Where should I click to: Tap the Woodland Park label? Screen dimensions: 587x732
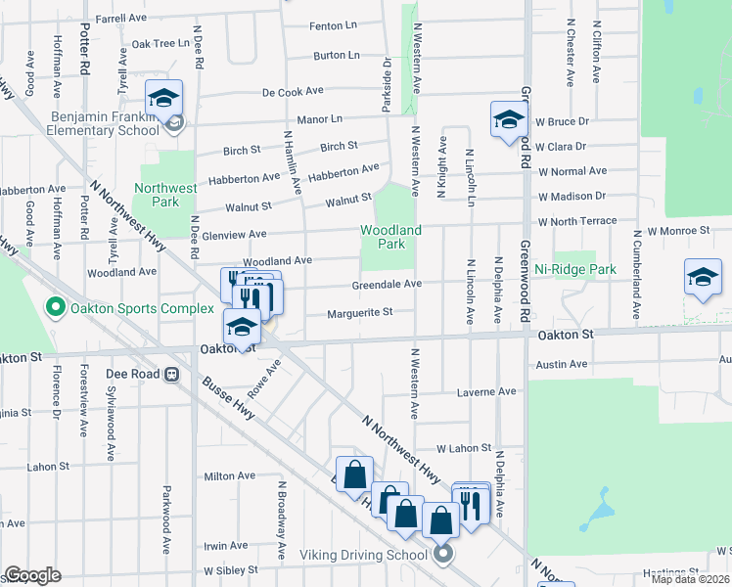(x=390, y=237)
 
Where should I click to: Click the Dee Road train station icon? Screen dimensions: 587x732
(x=170, y=373)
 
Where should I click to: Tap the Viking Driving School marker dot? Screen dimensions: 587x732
(x=442, y=555)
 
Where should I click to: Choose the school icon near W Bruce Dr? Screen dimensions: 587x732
(x=509, y=120)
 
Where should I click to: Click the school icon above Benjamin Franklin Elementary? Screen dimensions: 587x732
(x=164, y=98)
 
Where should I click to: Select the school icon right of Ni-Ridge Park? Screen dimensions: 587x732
(x=703, y=277)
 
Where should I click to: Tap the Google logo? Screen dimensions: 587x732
(x=32, y=575)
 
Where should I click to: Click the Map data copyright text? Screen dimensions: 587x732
(x=690, y=579)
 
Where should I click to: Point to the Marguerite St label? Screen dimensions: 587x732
(x=359, y=313)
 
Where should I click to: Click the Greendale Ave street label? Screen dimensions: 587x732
(x=387, y=284)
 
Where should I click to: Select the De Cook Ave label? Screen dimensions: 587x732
(x=293, y=91)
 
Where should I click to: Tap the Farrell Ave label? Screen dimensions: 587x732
(x=120, y=18)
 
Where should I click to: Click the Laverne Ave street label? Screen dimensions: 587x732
(x=486, y=391)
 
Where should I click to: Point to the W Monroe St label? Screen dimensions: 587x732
(x=678, y=231)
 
